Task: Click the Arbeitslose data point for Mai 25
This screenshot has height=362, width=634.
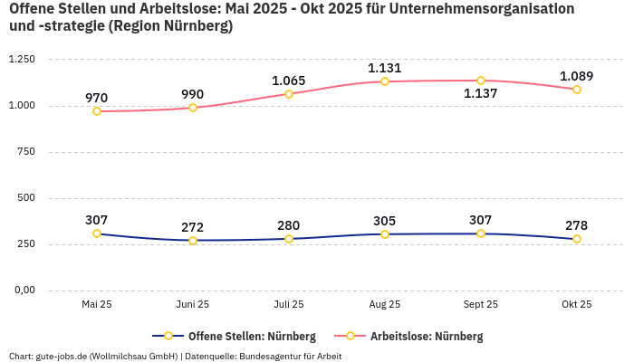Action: pyautogui.click(x=97, y=111)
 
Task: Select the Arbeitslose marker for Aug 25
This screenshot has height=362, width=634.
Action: pyautogui.click(x=385, y=81)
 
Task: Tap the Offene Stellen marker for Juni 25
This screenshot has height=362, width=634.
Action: pyautogui.click(x=193, y=241)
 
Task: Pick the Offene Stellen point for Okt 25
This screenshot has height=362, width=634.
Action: pyautogui.click(x=577, y=239)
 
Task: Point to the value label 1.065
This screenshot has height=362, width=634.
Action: pyautogui.click(x=289, y=81)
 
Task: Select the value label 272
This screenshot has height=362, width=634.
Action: pyautogui.click(x=192, y=227)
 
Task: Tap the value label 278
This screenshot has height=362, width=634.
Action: pyautogui.click(x=576, y=225)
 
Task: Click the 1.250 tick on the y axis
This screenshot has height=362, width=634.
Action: pyautogui.click(x=21, y=60)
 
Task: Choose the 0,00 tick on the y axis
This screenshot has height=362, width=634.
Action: pyautogui.click(x=23, y=291)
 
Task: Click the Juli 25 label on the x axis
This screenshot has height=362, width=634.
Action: pyautogui.click(x=289, y=305)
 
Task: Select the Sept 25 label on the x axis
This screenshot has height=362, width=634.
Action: pyautogui.click(x=481, y=305)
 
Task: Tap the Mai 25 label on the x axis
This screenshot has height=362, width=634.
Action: pyautogui.click(x=97, y=305)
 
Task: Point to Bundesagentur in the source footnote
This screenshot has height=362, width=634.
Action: pyautogui.click(x=276, y=357)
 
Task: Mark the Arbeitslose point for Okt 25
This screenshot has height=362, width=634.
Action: pyautogui.click(x=577, y=90)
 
